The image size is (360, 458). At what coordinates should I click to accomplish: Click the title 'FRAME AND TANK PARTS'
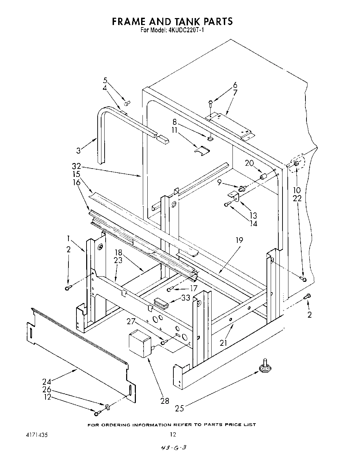[x=172, y=22]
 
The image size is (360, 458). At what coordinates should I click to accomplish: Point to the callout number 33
[x=186, y=298]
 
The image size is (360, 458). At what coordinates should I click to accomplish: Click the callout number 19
[x=239, y=240]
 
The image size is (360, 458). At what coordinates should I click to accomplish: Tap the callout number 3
[x=79, y=150]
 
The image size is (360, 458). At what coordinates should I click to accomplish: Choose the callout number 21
[x=224, y=343]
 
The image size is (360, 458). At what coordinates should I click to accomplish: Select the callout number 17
[x=193, y=288]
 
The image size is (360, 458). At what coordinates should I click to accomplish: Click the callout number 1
[x=68, y=238]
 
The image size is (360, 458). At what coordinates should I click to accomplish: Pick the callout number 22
[x=297, y=198]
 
